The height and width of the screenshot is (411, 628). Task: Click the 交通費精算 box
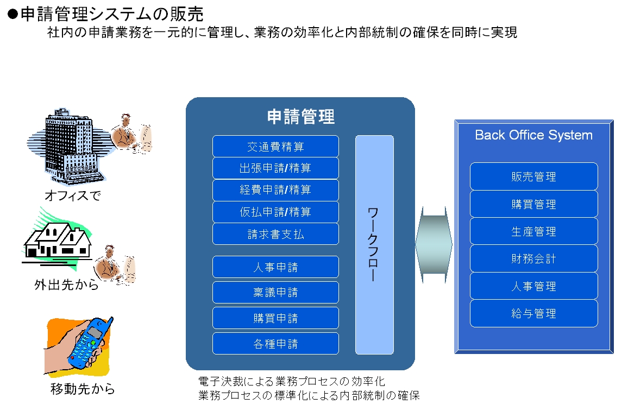click(275, 146)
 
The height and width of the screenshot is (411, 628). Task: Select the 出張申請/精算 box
click(275, 168)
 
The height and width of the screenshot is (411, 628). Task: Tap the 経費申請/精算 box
click(275, 190)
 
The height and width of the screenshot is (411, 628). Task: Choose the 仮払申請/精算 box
click(275, 212)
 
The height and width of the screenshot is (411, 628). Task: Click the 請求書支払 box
click(275, 234)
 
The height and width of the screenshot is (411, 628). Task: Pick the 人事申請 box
click(275, 267)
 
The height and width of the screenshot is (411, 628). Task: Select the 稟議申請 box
click(275, 293)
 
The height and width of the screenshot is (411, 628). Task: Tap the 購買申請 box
click(275, 318)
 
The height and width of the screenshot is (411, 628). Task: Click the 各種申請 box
click(275, 344)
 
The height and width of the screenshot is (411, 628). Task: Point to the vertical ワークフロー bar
click(374, 245)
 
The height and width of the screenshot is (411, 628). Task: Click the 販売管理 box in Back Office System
click(534, 176)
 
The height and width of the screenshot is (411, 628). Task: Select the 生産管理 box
click(534, 231)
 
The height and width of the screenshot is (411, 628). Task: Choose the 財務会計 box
click(534, 258)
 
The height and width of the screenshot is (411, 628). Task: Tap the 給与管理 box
click(534, 313)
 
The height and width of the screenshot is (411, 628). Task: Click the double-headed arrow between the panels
click(434, 244)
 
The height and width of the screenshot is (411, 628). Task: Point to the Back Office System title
click(533, 135)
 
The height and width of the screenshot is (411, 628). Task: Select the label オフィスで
click(72, 195)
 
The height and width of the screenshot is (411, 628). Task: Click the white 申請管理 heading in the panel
click(301, 116)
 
